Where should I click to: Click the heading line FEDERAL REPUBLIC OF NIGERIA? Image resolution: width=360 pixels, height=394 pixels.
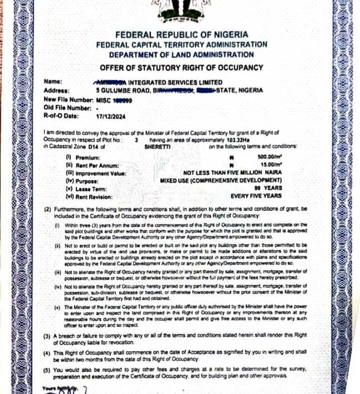(182, 35)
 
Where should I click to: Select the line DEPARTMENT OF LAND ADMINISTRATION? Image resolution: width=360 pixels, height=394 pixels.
(182, 54)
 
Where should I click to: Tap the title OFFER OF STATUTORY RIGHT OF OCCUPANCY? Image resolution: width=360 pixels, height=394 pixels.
(182, 67)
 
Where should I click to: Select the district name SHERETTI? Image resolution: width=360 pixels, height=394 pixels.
(157, 148)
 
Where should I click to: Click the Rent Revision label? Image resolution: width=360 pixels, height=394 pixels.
(92, 196)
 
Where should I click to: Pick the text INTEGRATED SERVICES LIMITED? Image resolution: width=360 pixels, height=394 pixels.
(176, 82)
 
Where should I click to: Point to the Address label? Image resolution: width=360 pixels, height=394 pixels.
(56, 90)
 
